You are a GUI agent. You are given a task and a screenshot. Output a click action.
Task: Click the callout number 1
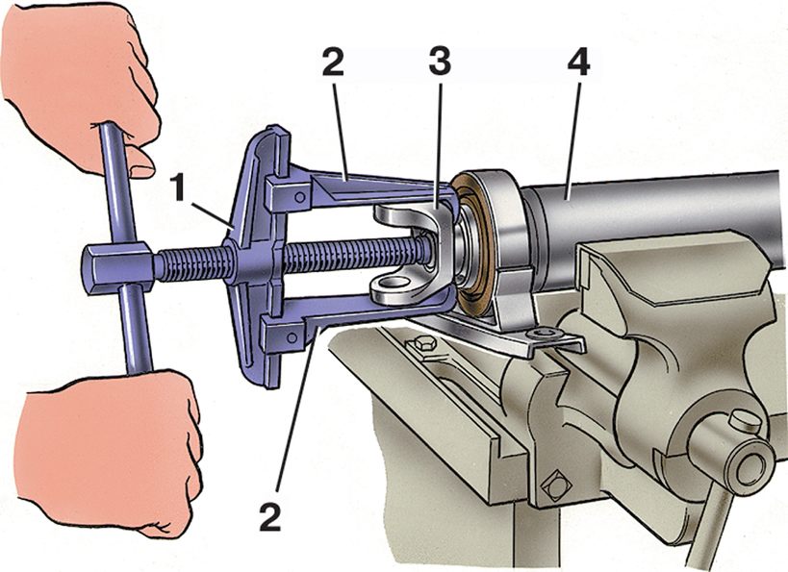pyautogui.click(x=179, y=187)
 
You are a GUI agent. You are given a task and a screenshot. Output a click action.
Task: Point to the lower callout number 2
pyautogui.click(x=270, y=503)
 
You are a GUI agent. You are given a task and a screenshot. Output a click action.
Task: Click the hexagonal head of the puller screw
pyautogui.click(x=118, y=268)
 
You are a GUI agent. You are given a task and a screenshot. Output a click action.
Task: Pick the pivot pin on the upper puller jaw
pyautogui.click(x=300, y=197)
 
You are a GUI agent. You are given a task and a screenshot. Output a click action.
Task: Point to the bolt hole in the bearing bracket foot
pyautogui.click(x=547, y=333)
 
